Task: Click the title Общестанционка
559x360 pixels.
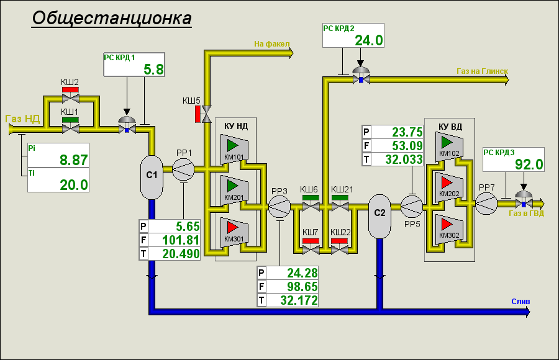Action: [x=112, y=18]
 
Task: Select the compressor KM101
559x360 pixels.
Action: [x=234, y=149]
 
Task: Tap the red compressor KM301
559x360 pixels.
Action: [x=234, y=232]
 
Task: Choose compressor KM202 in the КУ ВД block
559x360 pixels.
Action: [x=449, y=187]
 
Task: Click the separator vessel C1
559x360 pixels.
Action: [x=152, y=177]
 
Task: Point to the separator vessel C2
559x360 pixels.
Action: [x=379, y=216]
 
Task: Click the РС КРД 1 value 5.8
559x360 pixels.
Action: [x=153, y=70]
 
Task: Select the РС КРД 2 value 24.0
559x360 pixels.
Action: [x=369, y=40]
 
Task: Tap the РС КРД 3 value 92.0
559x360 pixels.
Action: [x=529, y=164]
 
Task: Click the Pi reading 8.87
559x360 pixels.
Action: [x=74, y=160]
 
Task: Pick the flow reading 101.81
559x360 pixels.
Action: [x=181, y=240]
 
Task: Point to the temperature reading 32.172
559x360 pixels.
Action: [x=299, y=300]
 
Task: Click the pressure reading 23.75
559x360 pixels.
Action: [x=407, y=132]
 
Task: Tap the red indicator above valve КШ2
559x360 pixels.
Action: [x=70, y=90]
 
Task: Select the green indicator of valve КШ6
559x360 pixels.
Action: [x=311, y=198]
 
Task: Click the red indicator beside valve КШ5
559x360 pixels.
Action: [x=198, y=114]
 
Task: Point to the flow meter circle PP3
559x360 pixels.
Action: [x=279, y=206]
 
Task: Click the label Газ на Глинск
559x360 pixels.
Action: [x=483, y=71]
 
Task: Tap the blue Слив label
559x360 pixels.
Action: [x=520, y=302]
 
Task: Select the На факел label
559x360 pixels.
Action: [x=272, y=44]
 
